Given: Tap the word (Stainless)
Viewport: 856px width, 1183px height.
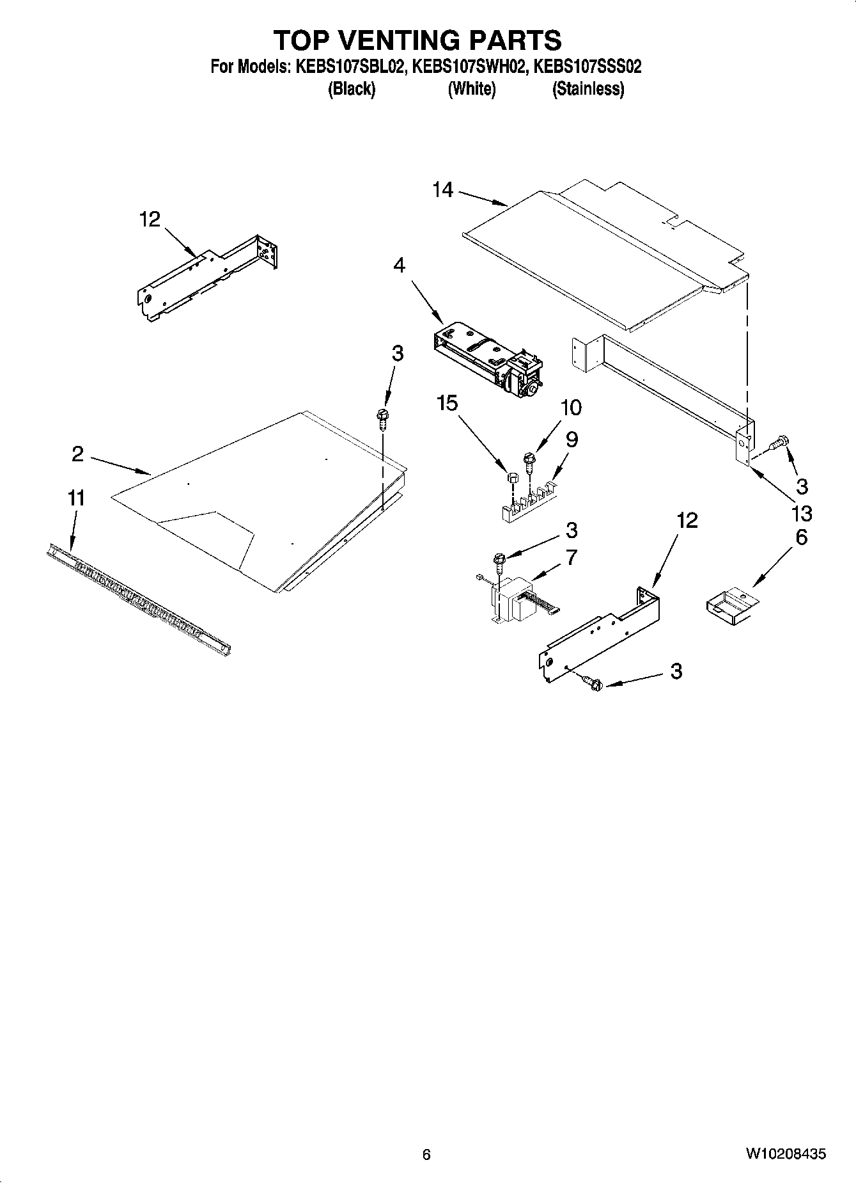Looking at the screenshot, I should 588,89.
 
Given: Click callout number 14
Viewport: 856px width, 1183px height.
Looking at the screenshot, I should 442,190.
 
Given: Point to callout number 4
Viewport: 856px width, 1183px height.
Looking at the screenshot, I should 400,265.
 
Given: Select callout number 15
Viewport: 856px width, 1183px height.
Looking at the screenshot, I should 447,403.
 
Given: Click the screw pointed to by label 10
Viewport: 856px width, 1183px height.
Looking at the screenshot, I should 529,461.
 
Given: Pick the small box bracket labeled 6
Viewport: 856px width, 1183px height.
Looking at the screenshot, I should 731,605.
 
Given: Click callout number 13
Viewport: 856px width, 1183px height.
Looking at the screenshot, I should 802,512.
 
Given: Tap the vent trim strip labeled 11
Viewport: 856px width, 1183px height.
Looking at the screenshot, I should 137,599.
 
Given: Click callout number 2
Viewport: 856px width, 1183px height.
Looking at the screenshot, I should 77,454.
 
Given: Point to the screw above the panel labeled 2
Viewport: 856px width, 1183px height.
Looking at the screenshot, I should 384,417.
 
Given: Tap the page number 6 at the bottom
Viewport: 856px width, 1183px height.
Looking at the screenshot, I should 426,1154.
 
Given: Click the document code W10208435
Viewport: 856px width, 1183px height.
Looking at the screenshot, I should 785,1154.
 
